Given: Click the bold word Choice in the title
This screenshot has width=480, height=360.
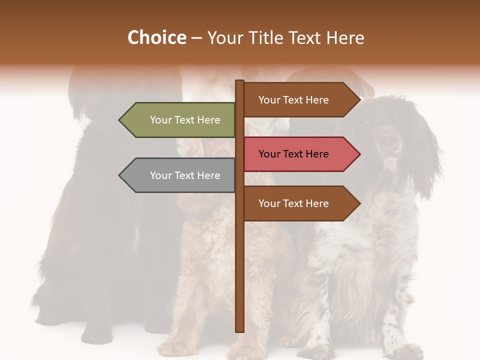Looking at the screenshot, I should click(156, 37).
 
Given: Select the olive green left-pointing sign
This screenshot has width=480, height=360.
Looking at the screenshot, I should click(180, 120).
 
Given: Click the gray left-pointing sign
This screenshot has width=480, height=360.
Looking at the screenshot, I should click(180, 175).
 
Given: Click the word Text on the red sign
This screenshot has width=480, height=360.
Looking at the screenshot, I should click(294, 154).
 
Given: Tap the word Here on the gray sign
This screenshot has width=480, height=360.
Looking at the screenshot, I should click(208, 175).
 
